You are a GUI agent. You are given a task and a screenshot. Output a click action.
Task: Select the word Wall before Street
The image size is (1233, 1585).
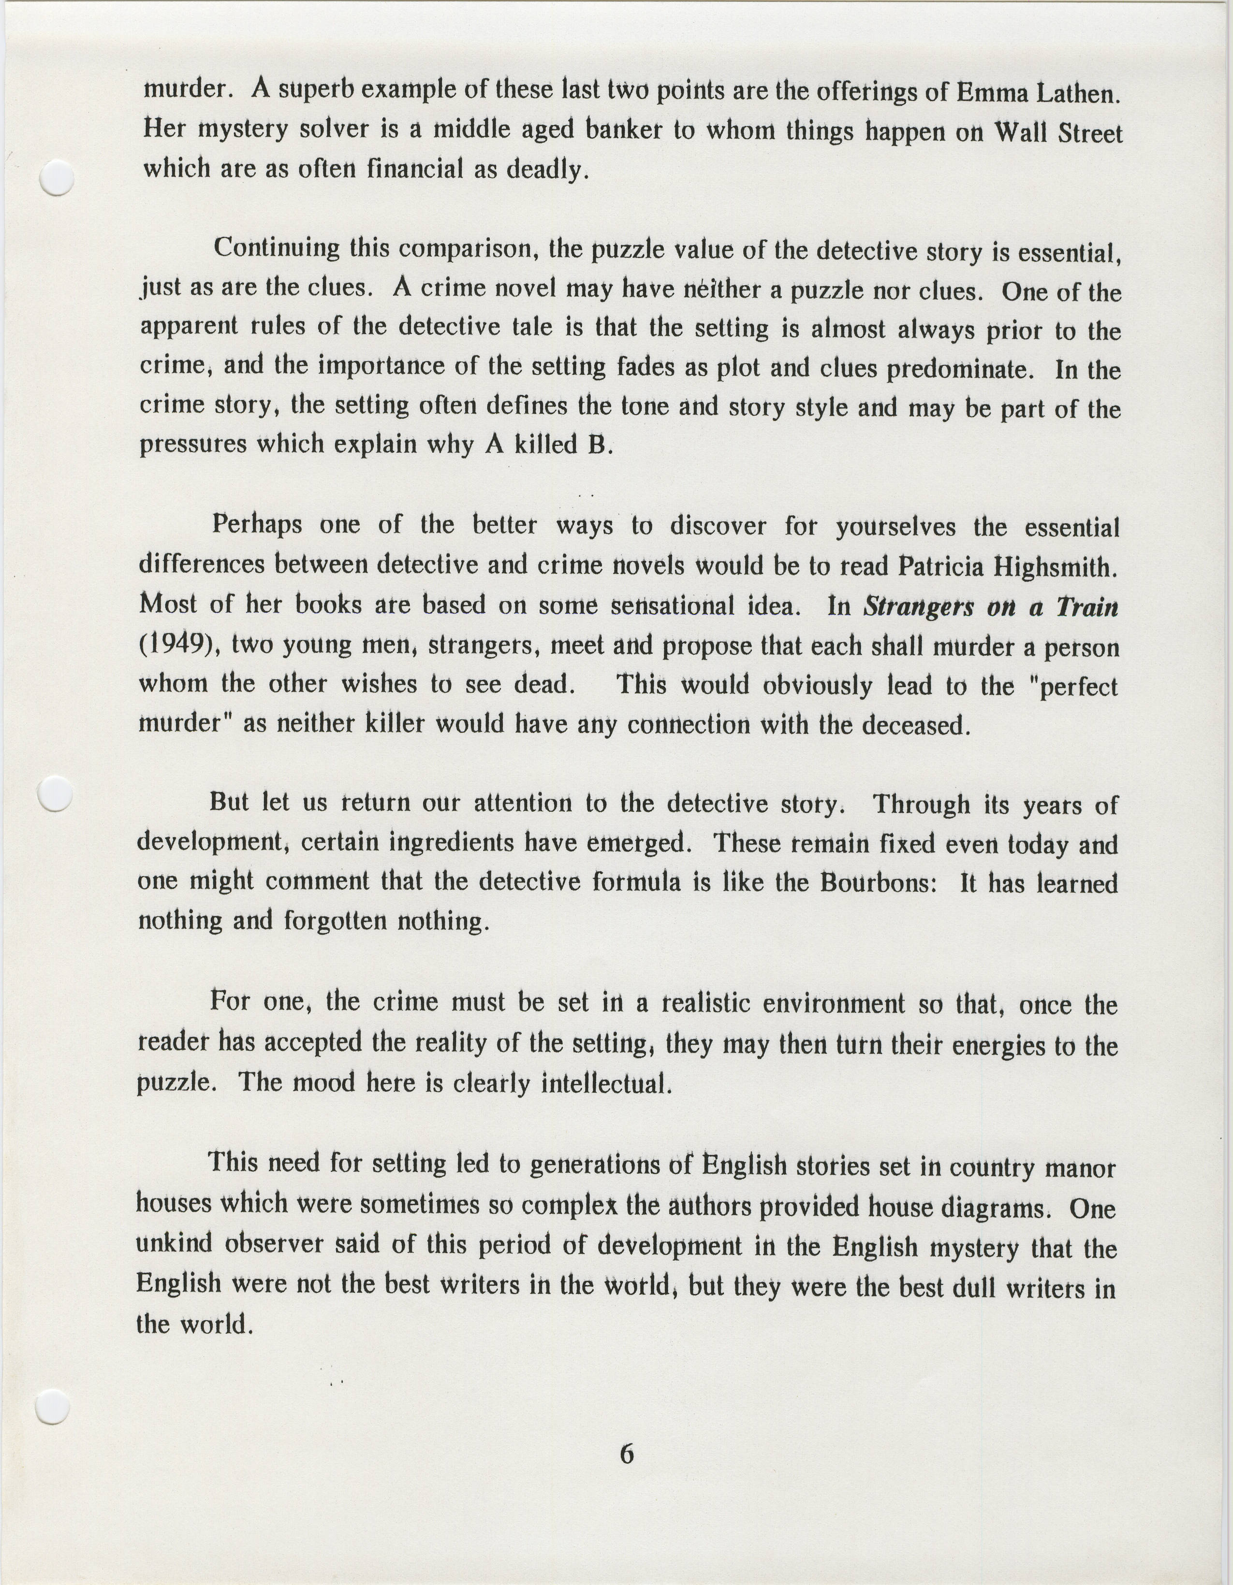pos(1020,133)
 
